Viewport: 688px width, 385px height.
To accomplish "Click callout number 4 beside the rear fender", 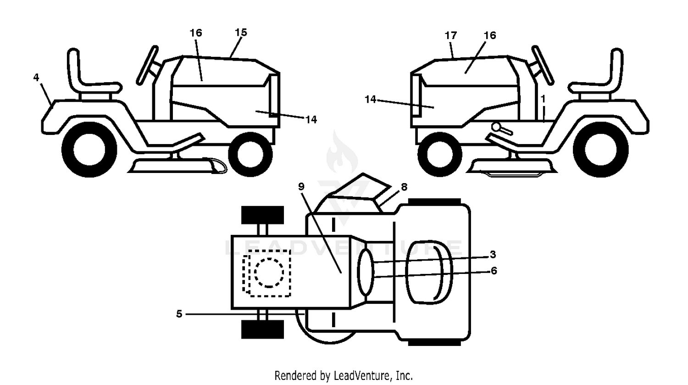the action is click(36, 78).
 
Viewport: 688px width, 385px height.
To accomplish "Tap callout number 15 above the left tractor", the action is click(241, 32).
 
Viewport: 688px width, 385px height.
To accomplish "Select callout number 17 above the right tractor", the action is click(451, 36).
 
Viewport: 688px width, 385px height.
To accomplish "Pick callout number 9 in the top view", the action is click(301, 186).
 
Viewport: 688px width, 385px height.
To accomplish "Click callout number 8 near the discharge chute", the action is click(404, 187).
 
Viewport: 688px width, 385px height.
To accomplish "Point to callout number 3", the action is click(493, 254).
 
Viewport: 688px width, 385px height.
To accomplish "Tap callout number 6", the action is click(494, 271).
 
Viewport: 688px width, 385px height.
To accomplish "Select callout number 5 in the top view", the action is click(179, 314).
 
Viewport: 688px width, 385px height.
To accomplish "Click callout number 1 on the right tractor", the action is click(543, 99).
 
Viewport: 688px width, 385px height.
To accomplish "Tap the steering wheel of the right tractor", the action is click(543, 65).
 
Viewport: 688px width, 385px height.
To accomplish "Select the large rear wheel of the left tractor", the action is click(89, 150).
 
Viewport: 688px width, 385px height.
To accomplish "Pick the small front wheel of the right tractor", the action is click(440, 154).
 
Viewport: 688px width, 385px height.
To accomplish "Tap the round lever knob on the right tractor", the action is click(496, 127).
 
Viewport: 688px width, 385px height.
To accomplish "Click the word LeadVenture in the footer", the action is click(362, 375).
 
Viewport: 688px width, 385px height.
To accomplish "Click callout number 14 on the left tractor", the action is click(311, 119).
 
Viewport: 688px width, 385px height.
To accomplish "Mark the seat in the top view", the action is click(429, 273).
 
